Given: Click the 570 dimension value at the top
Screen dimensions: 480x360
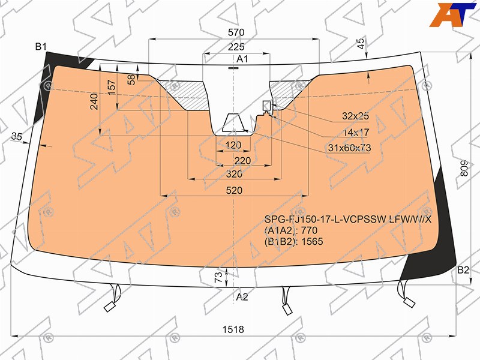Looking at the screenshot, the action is pos(236,32).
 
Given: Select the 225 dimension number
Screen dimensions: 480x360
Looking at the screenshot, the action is pos(236,47).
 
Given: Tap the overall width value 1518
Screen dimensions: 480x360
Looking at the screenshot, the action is pos(233,329).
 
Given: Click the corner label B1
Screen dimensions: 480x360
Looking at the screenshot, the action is pos(41,47).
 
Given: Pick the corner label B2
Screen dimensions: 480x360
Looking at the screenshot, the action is pos(463,270).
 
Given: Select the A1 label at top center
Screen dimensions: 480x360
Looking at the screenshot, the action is pos(242,59).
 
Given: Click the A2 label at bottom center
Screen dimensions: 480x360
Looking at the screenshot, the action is pos(242,296).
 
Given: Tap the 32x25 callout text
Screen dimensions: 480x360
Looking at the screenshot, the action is pos(355,116).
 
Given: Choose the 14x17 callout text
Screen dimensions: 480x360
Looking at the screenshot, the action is pos(356,133).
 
